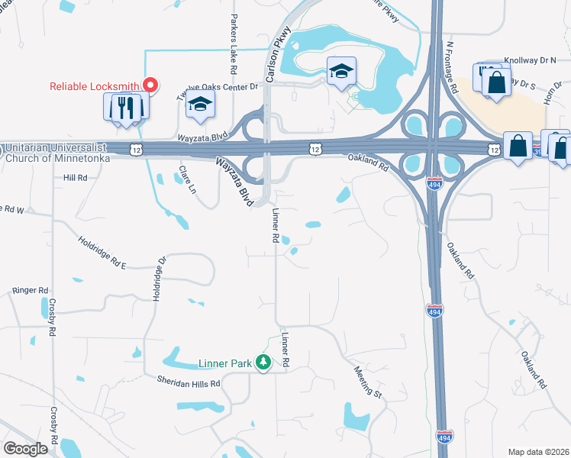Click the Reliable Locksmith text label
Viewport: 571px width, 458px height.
tap(95, 86)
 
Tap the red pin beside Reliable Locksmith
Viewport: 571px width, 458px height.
tap(151, 85)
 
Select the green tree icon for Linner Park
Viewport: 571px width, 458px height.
tap(263, 363)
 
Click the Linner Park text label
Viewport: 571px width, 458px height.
tap(225, 364)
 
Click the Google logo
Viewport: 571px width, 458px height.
tap(25, 449)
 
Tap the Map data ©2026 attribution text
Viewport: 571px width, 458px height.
tap(538, 452)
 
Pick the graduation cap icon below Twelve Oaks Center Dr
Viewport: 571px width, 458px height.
tap(199, 105)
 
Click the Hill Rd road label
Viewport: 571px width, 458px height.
tap(76, 177)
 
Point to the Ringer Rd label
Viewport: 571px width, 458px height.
tap(31, 291)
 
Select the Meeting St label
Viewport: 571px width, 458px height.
tap(367, 381)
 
